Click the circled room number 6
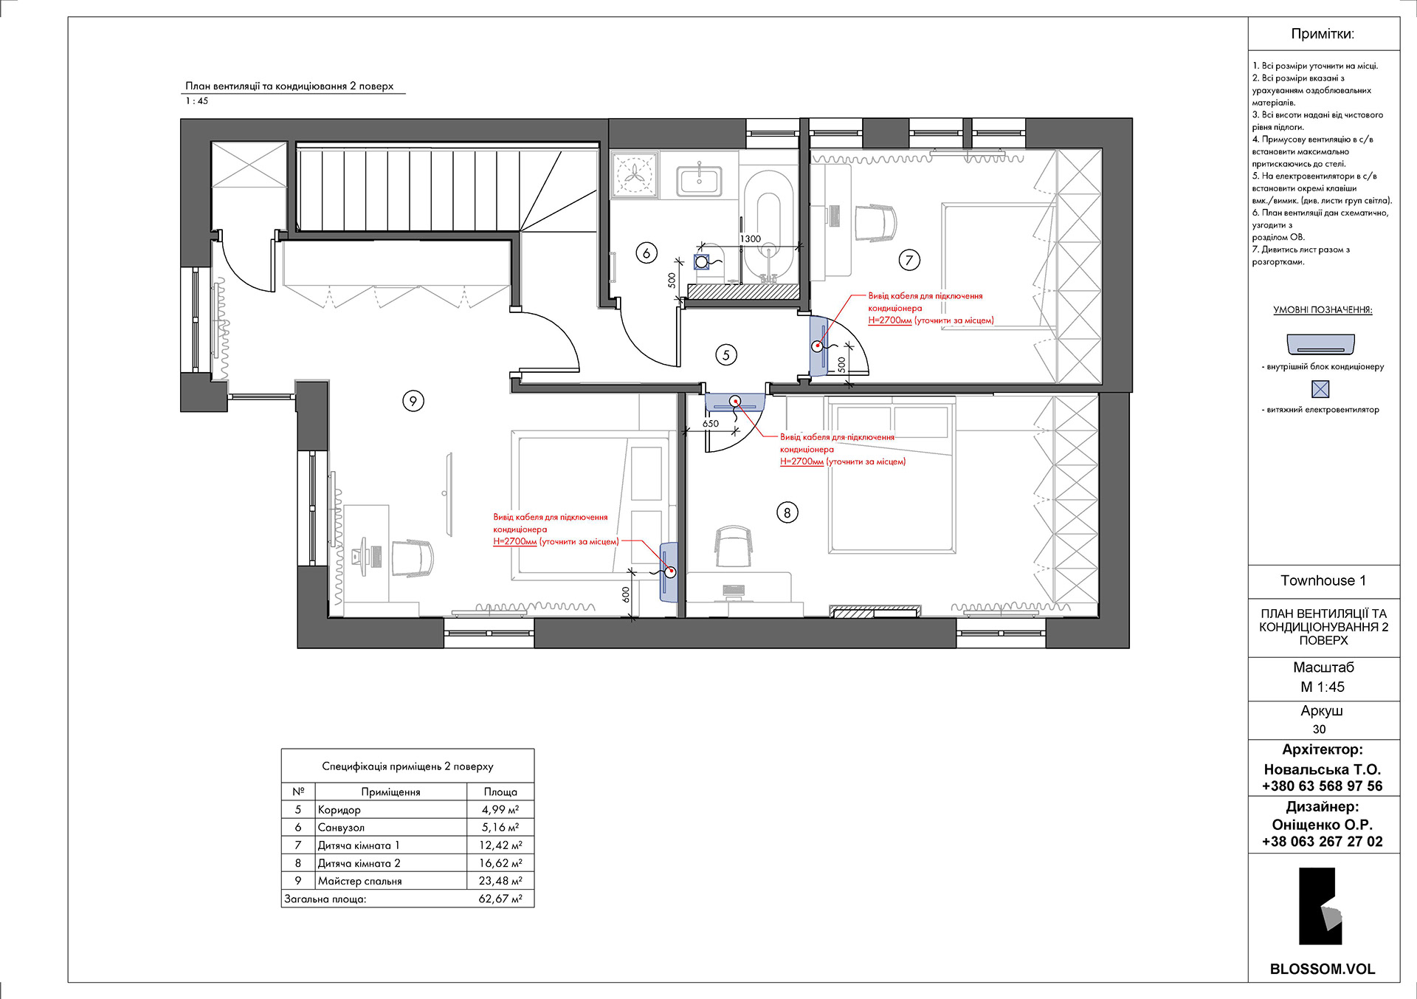647,253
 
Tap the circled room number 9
413,401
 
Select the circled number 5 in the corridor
726,355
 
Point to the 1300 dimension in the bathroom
751,238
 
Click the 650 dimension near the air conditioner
711,424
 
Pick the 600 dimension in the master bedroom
626,594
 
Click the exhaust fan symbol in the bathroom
702,261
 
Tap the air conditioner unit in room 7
819,346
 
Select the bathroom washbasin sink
700,179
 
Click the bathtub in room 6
768,229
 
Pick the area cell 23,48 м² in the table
500,881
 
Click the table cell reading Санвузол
341,828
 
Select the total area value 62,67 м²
500,899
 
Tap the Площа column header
500,792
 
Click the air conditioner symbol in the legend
1321,344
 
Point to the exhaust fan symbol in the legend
1320,389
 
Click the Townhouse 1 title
1323,580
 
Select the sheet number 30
1320,729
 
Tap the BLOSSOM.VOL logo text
1323,969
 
